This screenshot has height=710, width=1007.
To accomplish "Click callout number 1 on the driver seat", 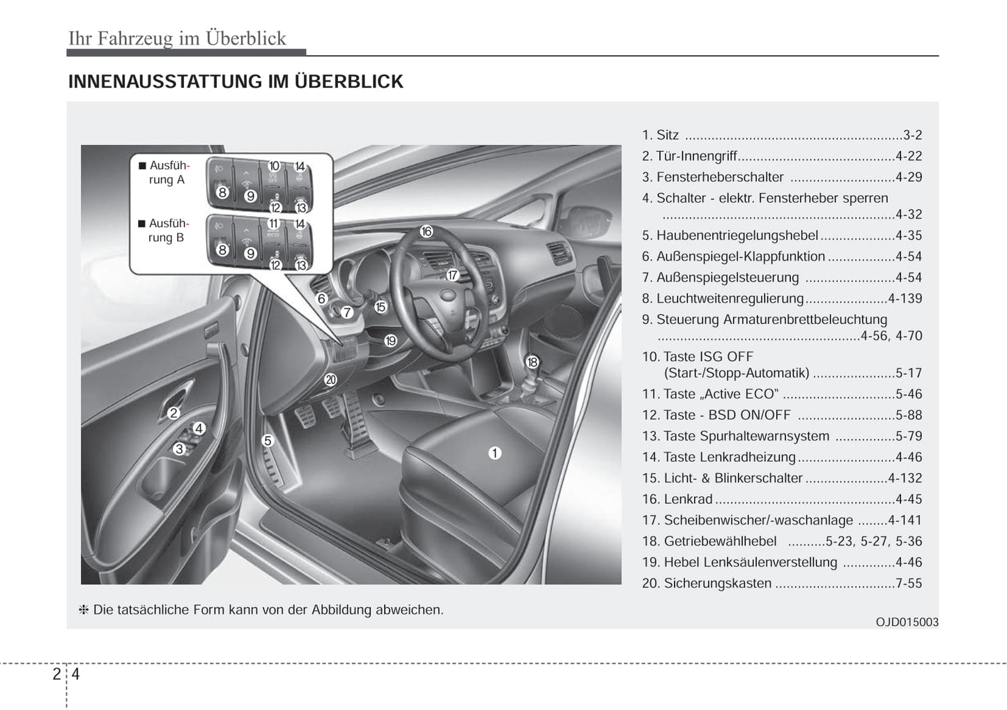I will coord(495,454).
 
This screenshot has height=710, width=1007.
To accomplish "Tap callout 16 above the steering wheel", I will coord(426,232).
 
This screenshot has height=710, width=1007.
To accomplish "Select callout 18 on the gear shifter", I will coord(532,362).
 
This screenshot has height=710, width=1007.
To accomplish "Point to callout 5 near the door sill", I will coord(268,440).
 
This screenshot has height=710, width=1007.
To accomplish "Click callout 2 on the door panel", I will coord(174,413).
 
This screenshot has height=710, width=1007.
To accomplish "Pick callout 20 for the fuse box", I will coord(330,380).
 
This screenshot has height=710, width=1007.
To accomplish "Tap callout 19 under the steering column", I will coord(390,341).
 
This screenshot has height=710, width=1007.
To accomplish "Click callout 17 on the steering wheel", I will coord(452,275).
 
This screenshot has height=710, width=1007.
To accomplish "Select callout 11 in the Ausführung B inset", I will coord(273,224).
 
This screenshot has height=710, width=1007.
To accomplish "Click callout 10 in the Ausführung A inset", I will coord(274,166).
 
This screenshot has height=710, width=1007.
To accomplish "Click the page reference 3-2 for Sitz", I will coord(912,135).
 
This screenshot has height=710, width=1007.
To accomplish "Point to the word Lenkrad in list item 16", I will coord(688,500).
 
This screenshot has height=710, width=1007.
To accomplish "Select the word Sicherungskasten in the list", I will coord(717,583).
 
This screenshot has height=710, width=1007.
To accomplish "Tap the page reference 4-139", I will coord(905,298).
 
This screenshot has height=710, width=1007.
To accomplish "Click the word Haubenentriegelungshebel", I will coord(737,236).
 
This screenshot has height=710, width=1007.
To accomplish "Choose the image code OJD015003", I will coord(907,622).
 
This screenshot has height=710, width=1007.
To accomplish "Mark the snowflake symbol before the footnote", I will coord(84,610).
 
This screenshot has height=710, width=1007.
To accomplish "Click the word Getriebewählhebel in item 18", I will coord(720,541).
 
